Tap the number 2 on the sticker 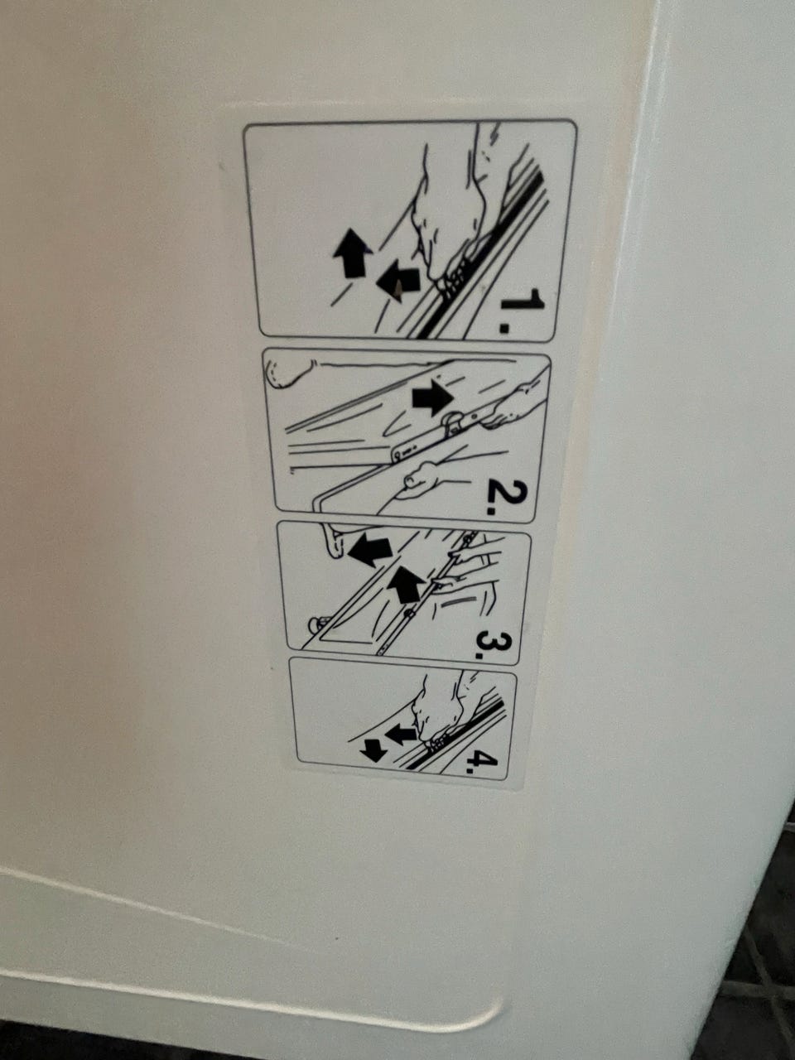point(506,499)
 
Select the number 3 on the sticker point(491,640)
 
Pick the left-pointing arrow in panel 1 point(397,283)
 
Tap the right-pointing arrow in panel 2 point(432,398)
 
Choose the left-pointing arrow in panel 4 point(400,735)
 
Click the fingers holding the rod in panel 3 point(470,562)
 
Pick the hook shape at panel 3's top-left point(330,541)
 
